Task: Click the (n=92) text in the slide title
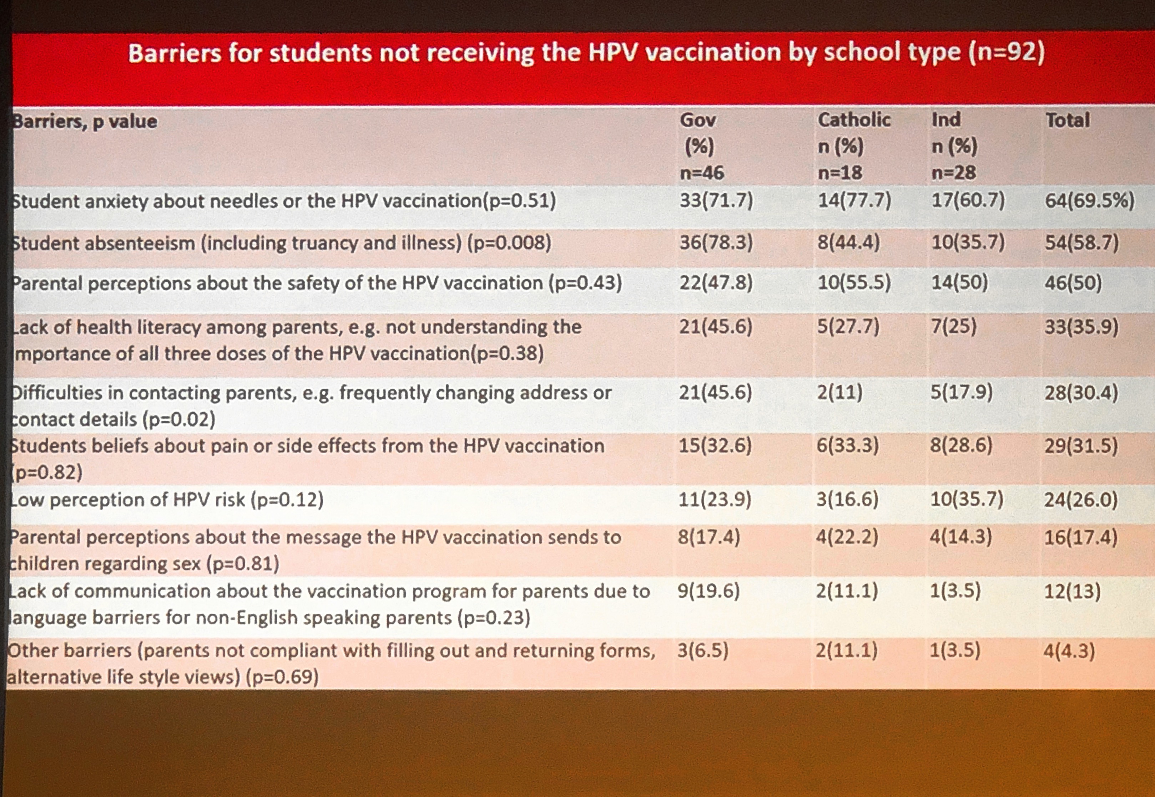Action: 1006,52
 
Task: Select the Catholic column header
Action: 854,120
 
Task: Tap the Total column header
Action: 1068,120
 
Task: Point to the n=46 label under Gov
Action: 702,173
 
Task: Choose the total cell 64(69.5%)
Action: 1090,201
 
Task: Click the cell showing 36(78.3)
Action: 716,243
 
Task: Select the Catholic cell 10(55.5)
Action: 854,283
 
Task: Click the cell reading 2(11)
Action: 839,393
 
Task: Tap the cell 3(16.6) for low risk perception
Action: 847,499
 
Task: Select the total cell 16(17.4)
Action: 1080,538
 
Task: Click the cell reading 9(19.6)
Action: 708,591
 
